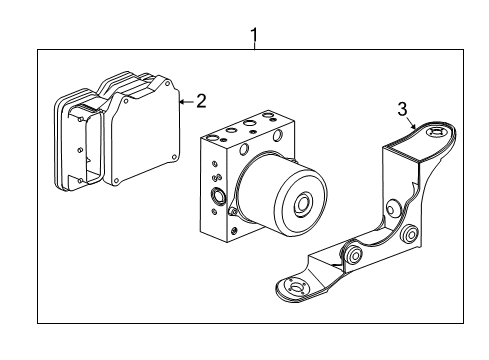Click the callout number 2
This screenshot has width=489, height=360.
tap(201, 100)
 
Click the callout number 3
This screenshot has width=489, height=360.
tap(402, 110)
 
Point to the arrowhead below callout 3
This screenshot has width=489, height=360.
tap(412, 127)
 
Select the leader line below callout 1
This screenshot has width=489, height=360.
tap(254, 49)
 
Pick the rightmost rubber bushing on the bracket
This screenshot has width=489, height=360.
tap(409, 237)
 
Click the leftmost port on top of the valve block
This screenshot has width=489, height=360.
tap(212, 136)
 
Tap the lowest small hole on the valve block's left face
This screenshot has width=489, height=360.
tap(214, 224)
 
